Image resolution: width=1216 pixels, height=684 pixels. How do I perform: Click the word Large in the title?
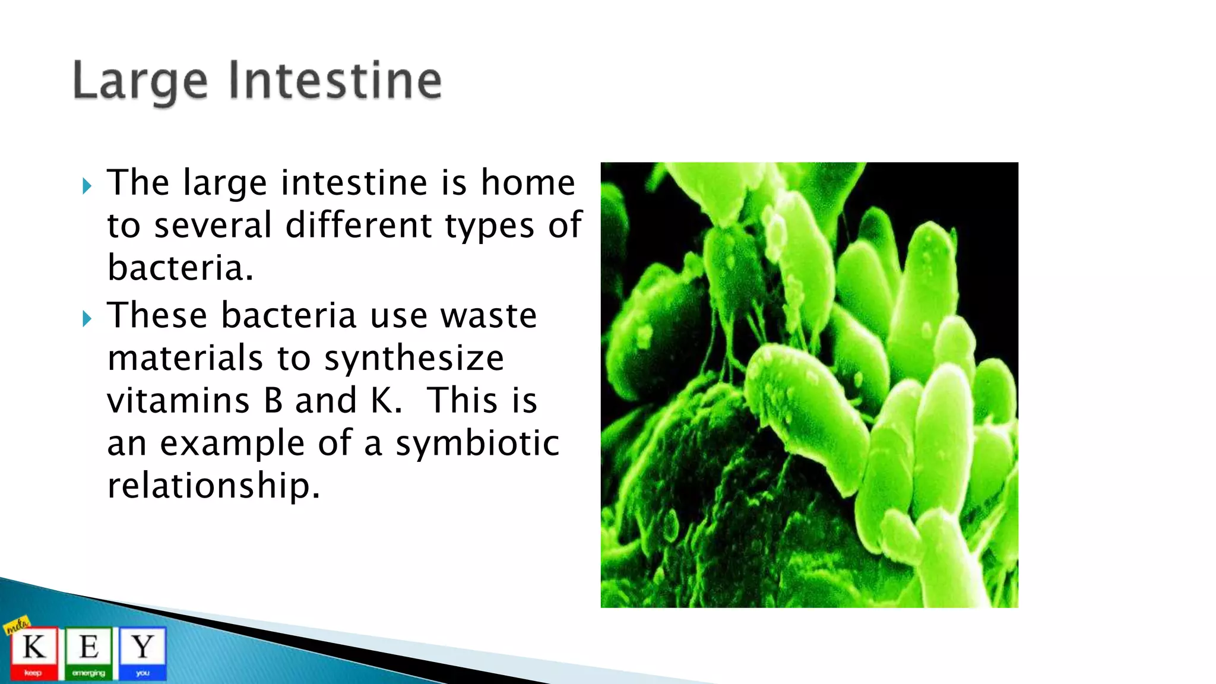click(x=140, y=81)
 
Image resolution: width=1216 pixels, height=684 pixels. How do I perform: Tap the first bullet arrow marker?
click(x=87, y=186)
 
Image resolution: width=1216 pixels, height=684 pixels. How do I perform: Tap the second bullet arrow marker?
click(x=87, y=319)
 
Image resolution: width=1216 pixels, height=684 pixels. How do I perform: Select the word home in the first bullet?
click(x=528, y=182)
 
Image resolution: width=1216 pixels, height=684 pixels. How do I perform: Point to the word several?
click(x=213, y=226)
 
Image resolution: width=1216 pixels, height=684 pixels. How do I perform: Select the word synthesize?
click(x=414, y=359)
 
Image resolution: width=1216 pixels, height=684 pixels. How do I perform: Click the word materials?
click(x=185, y=358)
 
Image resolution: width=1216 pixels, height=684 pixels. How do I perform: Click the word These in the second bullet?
click(x=157, y=315)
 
